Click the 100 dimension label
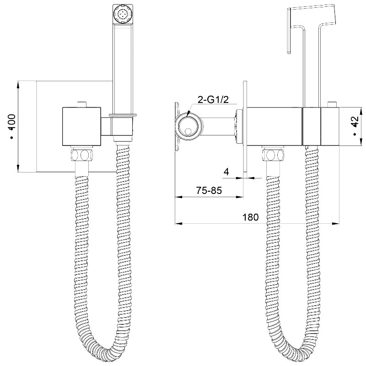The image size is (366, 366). (12, 122)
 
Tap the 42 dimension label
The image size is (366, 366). (355, 121)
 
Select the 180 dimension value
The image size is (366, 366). (251, 217)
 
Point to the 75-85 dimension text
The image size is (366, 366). (209, 190)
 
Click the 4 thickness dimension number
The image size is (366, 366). (226, 172)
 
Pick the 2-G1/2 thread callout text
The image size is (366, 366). (213, 99)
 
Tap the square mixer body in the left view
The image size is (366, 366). (82, 127)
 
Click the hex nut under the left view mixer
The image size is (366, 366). (81, 155)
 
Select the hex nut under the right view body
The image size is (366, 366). (273, 155)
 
